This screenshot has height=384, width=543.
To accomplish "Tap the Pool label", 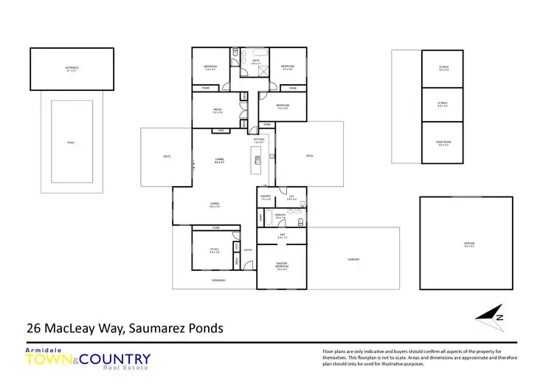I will tap(72, 143).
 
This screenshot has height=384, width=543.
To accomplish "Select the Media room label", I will tap(218, 111).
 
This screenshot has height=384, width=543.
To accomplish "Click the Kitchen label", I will tap(259, 140).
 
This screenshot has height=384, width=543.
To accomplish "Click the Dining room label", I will tap(215, 205).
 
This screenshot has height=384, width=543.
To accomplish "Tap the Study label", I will tap(214, 251).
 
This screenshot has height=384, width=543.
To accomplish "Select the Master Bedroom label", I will tap(282, 267).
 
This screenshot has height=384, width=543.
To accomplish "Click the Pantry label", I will tap(266, 197).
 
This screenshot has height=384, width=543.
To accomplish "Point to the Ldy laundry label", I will tap(292, 197).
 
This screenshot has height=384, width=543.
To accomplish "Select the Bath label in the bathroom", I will tap(256, 62).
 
